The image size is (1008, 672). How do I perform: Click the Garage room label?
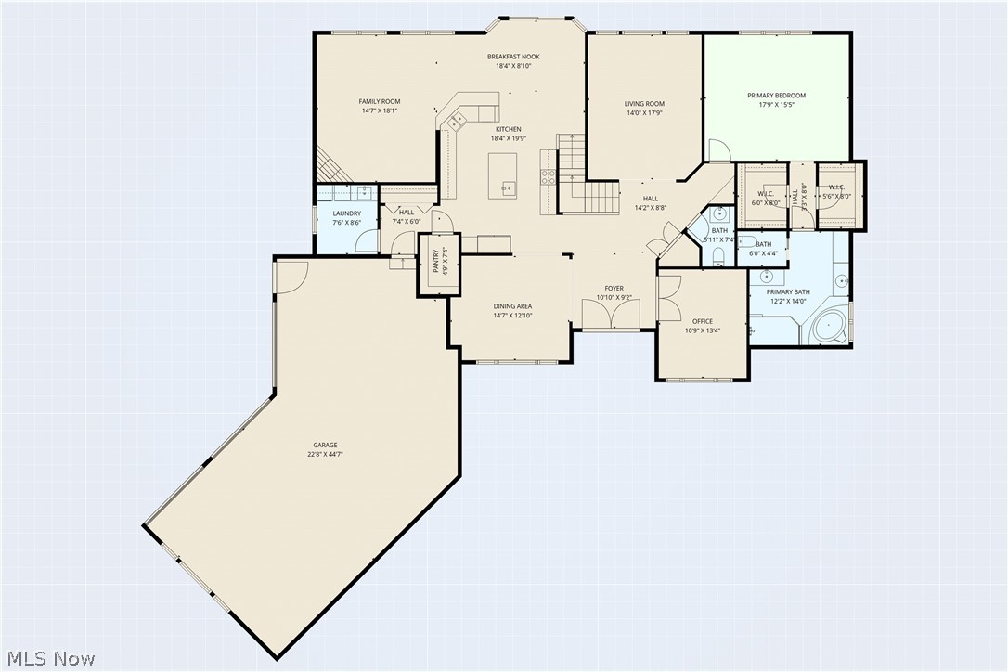coord(324,445)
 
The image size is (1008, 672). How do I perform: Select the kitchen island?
coord(502,175)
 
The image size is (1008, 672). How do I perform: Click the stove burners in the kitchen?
coord(548,176)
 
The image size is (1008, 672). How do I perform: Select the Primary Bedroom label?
coord(776,95)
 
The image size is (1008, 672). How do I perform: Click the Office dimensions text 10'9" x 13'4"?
coord(702,330)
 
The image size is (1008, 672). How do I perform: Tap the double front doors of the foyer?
coord(612,316)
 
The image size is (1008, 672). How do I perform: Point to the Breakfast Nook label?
coord(513,57)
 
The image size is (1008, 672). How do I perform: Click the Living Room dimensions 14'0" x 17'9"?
coord(644,113)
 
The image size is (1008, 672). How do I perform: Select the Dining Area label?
coord(512,306)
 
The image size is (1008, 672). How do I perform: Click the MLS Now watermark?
coord(48,659)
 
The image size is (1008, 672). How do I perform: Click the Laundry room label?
coord(346,213)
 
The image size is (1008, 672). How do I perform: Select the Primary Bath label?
coord(787,292)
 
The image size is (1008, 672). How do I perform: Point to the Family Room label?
coord(379,101)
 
